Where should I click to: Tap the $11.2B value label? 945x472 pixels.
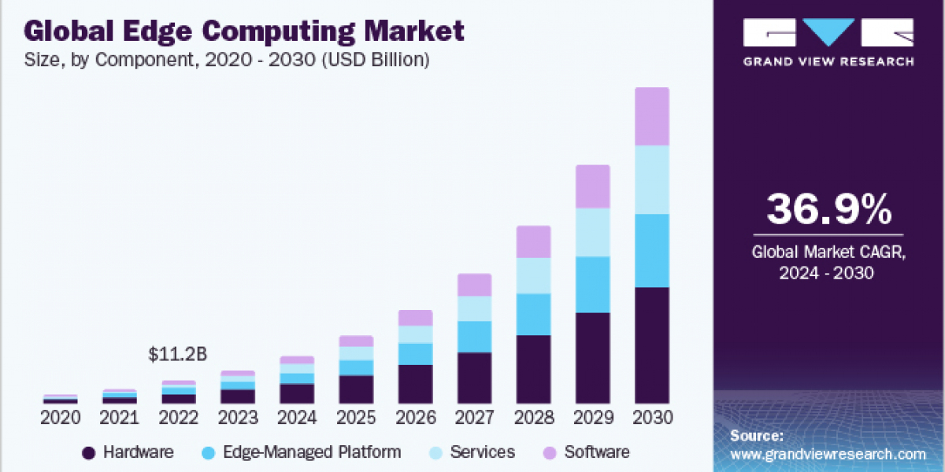pyautogui.click(x=177, y=355)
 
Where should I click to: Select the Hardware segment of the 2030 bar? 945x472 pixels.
pyautogui.click(x=652, y=345)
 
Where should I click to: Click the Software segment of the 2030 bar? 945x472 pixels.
pyautogui.click(x=652, y=116)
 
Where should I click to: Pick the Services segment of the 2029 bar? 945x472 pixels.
pyautogui.click(x=593, y=232)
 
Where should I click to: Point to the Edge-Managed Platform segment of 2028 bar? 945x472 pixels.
pyautogui.click(x=534, y=314)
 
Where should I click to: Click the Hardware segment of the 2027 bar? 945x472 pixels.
pyautogui.click(x=475, y=378)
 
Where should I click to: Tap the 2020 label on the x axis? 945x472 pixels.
pyautogui.click(x=61, y=418)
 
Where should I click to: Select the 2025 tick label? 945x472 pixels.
pyautogui.click(x=356, y=418)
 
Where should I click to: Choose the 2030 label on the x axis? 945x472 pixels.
pyautogui.click(x=652, y=418)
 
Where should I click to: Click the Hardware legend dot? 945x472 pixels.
pyautogui.click(x=89, y=452)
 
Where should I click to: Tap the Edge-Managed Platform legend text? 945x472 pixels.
pyautogui.click(x=312, y=452)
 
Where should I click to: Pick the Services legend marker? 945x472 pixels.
pyautogui.click(x=432, y=452)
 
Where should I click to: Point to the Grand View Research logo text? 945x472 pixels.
pyautogui.click(x=829, y=61)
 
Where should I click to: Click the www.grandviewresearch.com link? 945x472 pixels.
pyautogui.click(x=828, y=454)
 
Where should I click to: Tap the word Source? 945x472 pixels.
pyautogui.click(x=757, y=435)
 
